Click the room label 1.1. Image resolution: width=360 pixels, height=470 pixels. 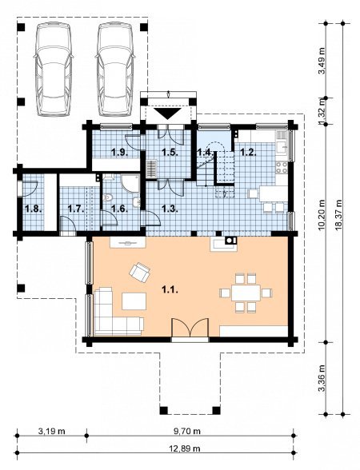point(170,289)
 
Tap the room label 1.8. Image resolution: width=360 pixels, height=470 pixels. point(33,209)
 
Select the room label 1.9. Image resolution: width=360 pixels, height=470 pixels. point(120,153)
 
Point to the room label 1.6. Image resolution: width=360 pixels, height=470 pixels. point(119,209)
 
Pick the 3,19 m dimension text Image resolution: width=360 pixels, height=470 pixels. point(51,432)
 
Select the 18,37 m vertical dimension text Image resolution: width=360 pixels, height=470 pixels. point(340,214)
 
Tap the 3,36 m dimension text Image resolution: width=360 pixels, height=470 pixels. point(322,378)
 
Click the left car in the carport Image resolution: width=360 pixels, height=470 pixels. point(54,70)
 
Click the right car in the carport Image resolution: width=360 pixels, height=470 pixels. point(115,70)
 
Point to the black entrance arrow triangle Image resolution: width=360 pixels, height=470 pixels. point(168,114)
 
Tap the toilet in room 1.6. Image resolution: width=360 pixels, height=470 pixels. point(108,198)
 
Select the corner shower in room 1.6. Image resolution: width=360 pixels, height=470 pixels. point(130,183)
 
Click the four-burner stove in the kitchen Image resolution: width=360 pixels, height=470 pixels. point(282,168)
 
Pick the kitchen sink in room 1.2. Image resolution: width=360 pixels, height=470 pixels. point(282,147)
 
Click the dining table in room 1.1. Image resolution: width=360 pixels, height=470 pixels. point(246,293)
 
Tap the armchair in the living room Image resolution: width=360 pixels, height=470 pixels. point(140,272)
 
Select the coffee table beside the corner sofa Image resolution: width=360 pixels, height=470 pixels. point(134,301)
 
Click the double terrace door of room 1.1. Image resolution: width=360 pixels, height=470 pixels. point(190,329)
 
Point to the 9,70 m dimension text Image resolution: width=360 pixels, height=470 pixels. point(187,432)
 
